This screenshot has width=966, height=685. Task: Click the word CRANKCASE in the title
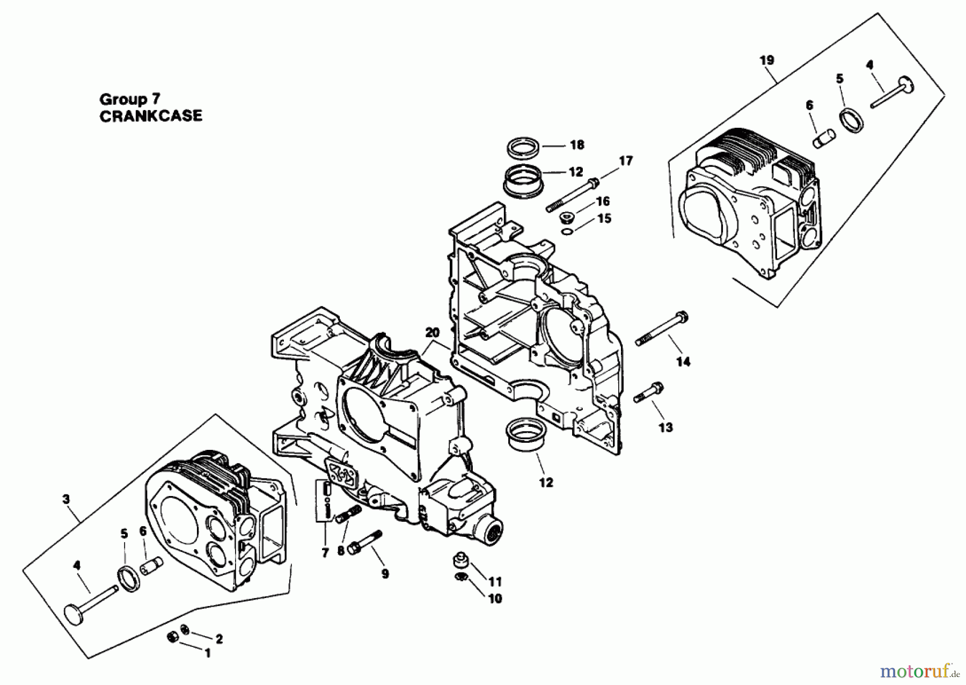(151, 116)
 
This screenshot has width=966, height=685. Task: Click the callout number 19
(767, 60)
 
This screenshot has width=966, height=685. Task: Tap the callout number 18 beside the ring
(577, 144)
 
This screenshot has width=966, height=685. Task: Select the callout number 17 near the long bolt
(626, 161)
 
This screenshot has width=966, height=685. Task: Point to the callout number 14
(683, 362)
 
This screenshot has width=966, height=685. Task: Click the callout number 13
(665, 427)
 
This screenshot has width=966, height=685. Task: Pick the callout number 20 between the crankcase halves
(432, 333)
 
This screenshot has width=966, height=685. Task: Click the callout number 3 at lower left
(65, 499)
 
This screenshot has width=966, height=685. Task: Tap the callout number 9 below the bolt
(385, 574)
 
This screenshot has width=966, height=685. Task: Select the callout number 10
(495, 598)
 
